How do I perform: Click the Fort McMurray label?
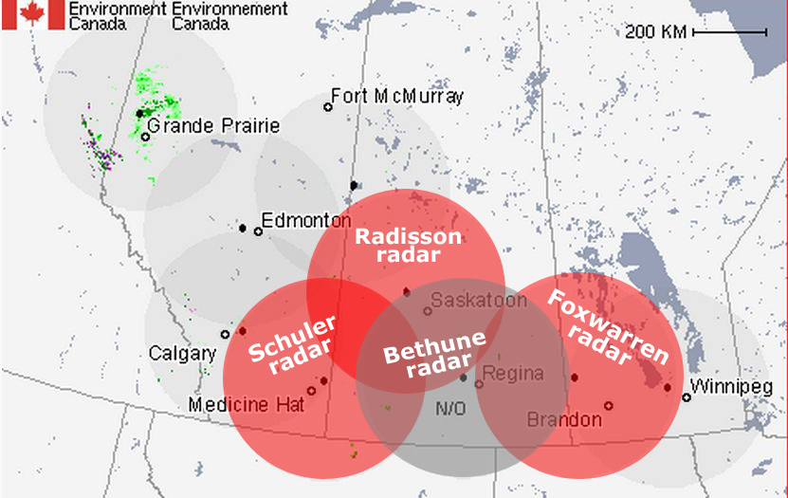point(396,97)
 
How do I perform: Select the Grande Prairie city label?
point(213,126)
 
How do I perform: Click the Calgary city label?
point(182,354)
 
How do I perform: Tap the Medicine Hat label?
point(247,405)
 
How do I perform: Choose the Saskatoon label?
point(478,301)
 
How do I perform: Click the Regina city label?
point(514,373)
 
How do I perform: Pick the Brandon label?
point(564,419)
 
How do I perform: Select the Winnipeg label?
point(731,387)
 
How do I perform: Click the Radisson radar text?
point(408,246)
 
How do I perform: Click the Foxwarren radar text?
point(609,328)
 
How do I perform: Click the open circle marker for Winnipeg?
point(686,397)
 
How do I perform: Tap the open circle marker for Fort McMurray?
point(328,106)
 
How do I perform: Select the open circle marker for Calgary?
point(225,334)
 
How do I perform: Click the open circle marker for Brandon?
point(609,406)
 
